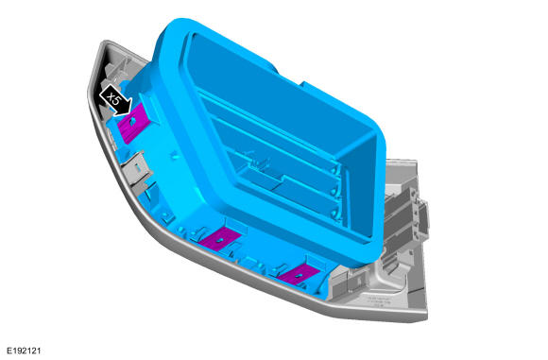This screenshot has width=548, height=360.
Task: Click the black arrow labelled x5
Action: click(116, 100)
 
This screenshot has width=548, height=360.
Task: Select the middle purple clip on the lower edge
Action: click(220, 239)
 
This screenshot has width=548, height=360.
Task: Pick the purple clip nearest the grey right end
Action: click(297, 274)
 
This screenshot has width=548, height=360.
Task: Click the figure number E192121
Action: click(25, 351)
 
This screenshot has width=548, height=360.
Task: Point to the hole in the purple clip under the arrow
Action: click(132, 121)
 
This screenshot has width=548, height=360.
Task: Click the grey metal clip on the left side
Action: click(139, 170)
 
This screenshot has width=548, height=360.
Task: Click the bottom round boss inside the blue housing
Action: click(335, 213)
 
